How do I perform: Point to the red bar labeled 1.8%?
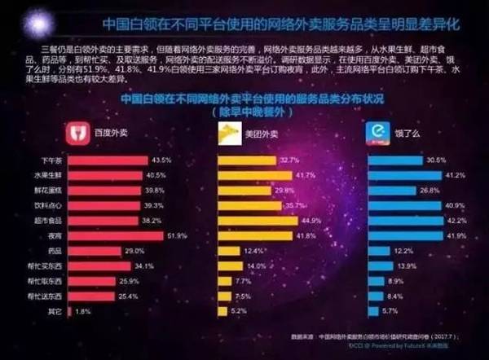[71, 311]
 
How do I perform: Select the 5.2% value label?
[240, 311]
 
